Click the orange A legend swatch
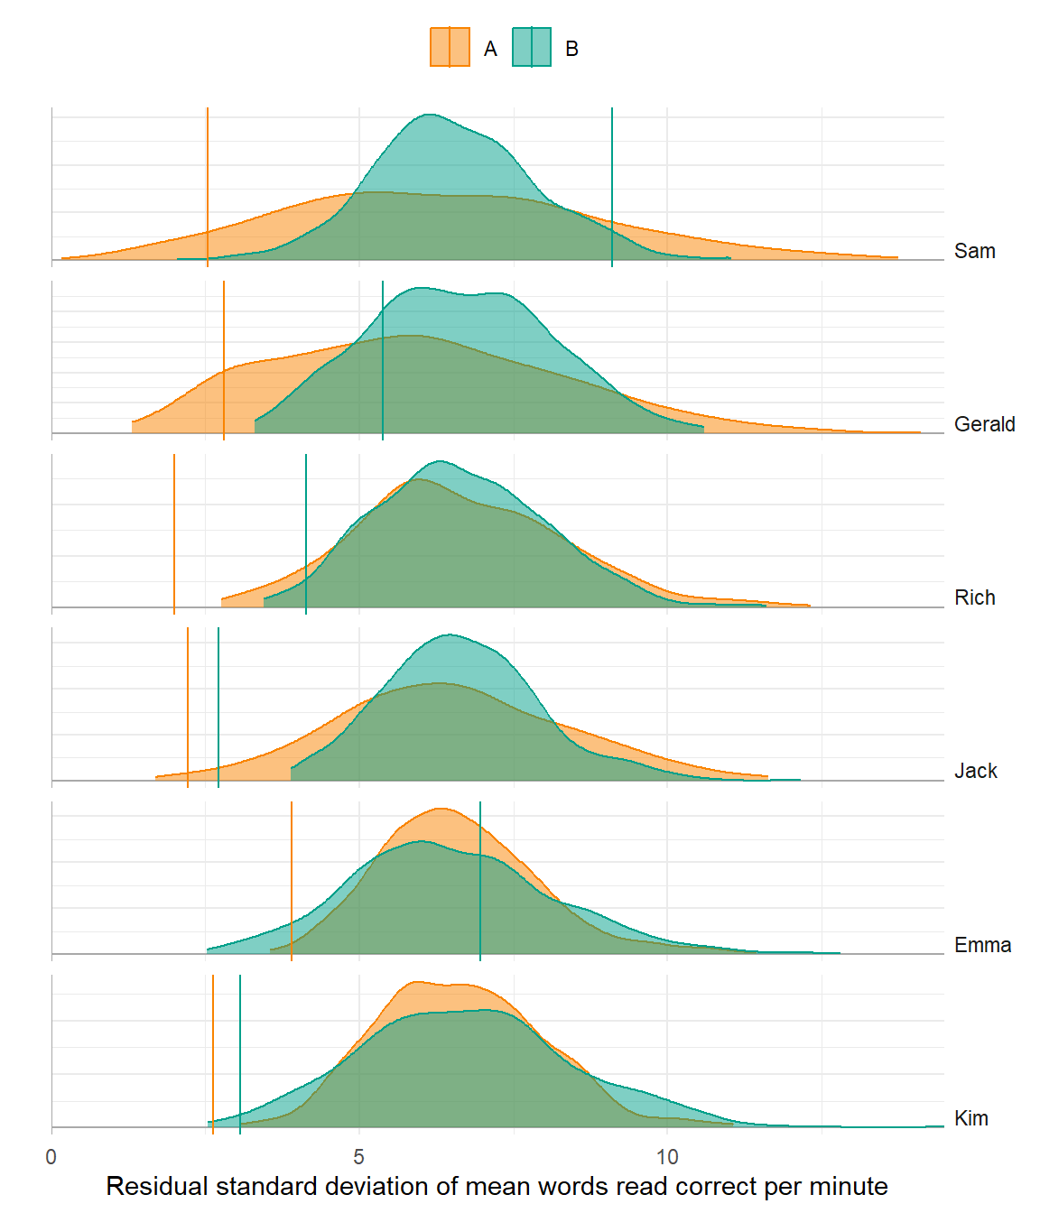(450, 48)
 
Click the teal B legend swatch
(532, 48)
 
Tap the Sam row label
(974, 251)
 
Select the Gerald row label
(984, 424)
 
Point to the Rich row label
(974, 597)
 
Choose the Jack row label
(975, 771)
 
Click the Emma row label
(982, 945)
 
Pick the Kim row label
(970, 1118)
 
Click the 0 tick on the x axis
(51, 1157)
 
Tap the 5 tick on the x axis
(359, 1157)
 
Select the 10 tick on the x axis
(667, 1157)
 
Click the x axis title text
(497, 1186)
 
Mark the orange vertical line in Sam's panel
(208, 181)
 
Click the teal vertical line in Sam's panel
(612, 181)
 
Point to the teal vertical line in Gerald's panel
(383, 361)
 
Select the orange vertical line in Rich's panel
(174, 532)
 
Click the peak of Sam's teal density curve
(430, 115)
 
